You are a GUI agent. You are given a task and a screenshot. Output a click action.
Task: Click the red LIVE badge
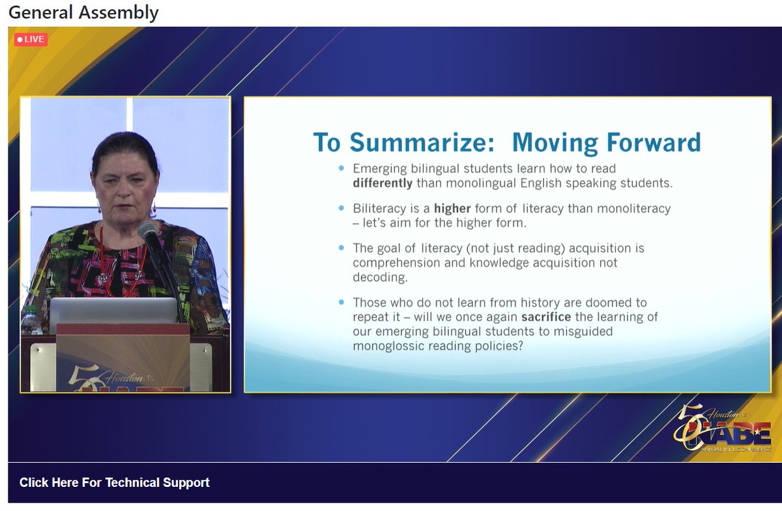click(31, 40)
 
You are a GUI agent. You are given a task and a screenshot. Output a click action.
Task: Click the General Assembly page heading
click(83, 12)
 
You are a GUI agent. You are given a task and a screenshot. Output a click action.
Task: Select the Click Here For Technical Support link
click(115, 482)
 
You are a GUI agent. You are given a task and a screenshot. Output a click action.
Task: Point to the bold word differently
click(383, 184)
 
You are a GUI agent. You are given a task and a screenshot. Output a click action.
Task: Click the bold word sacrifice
click(546, 317)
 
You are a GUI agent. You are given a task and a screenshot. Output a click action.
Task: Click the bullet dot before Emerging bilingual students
click(341, 169)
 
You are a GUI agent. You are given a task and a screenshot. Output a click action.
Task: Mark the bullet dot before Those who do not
click(341, 303)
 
